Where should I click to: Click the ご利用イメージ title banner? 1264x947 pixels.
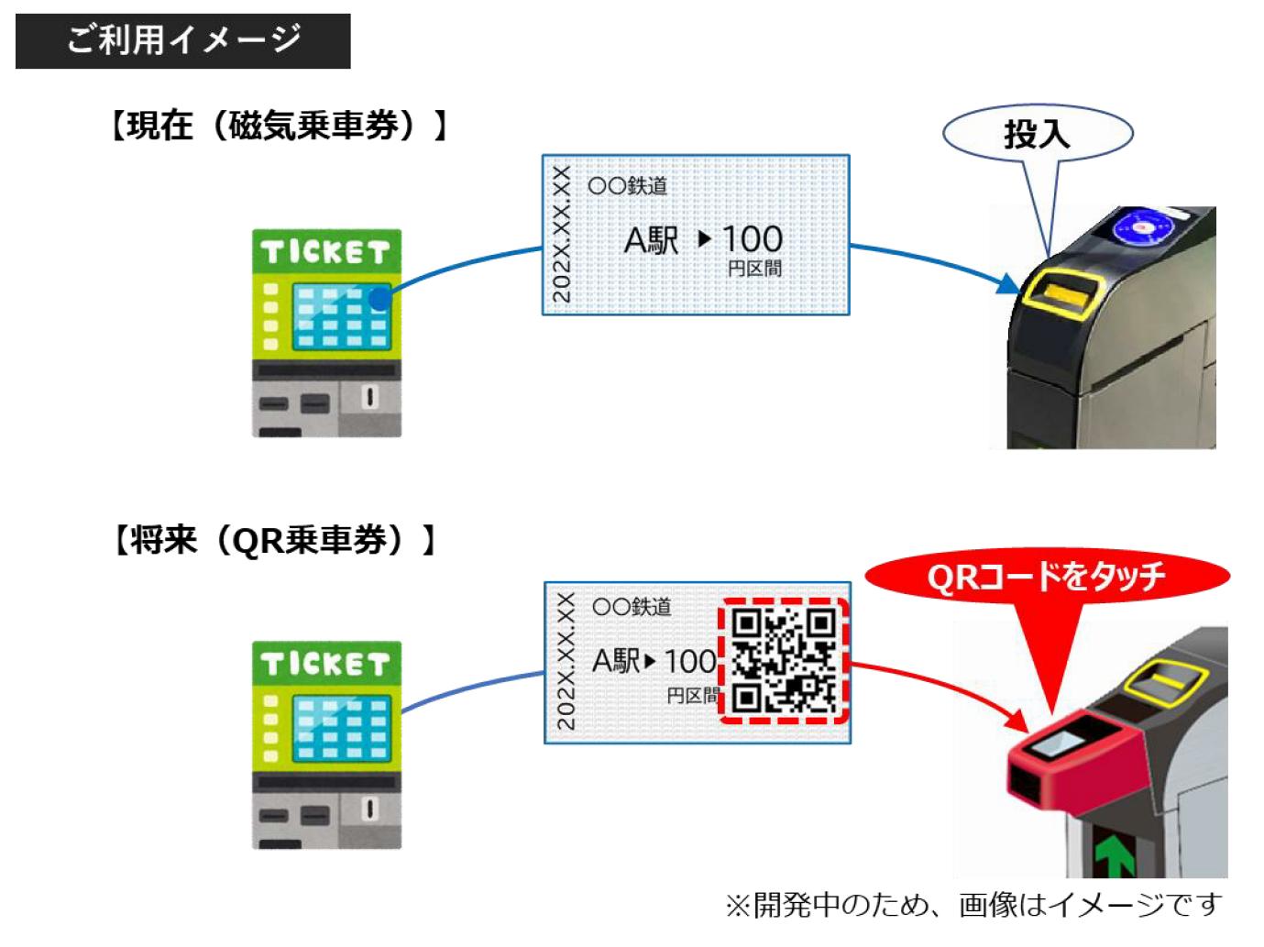tap(182, 40)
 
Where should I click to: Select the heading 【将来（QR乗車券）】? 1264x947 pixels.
tap(272, 540)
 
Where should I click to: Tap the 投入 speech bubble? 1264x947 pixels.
tap(1038, 134)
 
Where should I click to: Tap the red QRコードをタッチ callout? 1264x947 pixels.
tap(1046, 577)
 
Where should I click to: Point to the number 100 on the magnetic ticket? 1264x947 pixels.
tap(752, 240)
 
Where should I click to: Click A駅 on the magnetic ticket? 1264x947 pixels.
tap(651, 241)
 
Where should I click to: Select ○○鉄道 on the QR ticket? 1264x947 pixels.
tap(632, 607)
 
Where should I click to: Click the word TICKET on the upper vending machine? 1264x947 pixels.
tap(325, 252)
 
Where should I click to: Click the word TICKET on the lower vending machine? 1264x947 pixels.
tap(325, 664)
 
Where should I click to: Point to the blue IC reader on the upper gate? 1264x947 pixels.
tap(1142, 226)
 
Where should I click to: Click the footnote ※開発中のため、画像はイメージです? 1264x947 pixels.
tap(973, 906)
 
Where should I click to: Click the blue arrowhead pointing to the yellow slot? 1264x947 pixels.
tap(1008, 284)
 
